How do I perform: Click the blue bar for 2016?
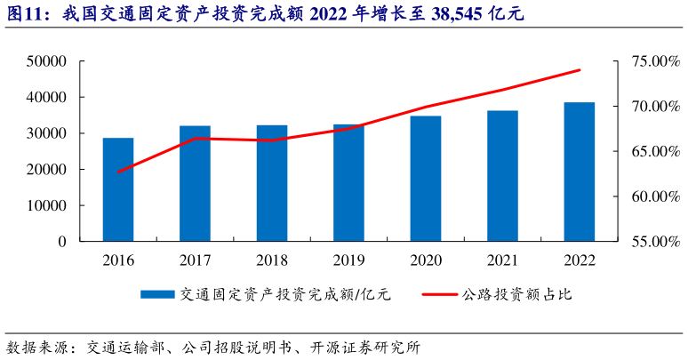point(118,189)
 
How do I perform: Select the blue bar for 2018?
point(272,183)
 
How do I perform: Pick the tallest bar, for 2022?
point(580,172)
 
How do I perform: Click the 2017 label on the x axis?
point(195,260)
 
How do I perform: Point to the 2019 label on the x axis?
point(348,260)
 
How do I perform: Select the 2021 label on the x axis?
point(502,260)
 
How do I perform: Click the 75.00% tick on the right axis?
point(648,61)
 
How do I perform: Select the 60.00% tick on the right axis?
point(648,196)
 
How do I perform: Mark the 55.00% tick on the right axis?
point(648,242)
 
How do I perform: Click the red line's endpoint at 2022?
point(580,69)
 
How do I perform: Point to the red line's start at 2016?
point(118,172)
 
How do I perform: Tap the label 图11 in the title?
point(27,14)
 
